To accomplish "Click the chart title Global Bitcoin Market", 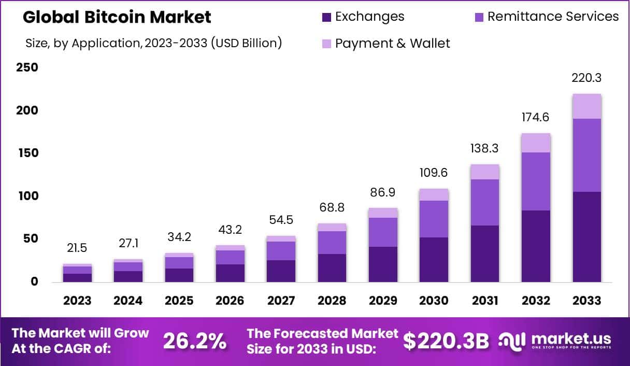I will coord(117,17).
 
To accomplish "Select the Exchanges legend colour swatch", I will coord(326,17).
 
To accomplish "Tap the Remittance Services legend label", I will coord(553,17).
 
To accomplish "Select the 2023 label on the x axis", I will coord(77,301).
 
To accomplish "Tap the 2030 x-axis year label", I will coord(434,301).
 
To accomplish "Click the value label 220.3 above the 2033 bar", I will coord(586,78).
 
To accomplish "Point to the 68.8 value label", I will coord(332,208).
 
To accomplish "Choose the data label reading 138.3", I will coord(485,149).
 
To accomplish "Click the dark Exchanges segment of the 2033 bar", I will coord(586,237).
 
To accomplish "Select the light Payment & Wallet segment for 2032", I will coord(536,143).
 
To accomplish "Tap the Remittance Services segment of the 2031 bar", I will coord(485,202).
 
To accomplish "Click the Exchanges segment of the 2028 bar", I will coord(332,268).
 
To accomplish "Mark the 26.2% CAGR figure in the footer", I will coord(195,341).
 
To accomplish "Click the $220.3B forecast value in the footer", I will coord(446,341).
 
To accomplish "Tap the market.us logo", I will coord(555,341).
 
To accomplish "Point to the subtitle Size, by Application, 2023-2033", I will coord(153,43).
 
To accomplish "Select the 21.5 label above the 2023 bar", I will coord(77,248).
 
